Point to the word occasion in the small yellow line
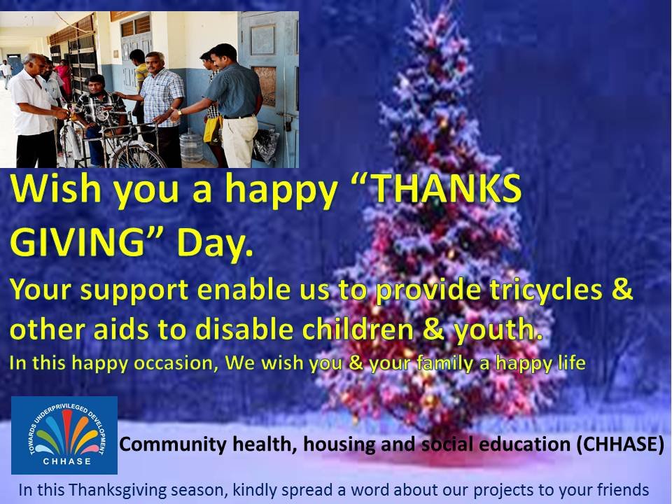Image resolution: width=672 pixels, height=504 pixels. point(174,363)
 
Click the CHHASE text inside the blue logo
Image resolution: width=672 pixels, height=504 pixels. point(67,461)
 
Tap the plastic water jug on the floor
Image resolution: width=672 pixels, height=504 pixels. point(191,146)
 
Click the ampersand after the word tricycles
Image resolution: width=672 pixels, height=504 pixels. point(622,289)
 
